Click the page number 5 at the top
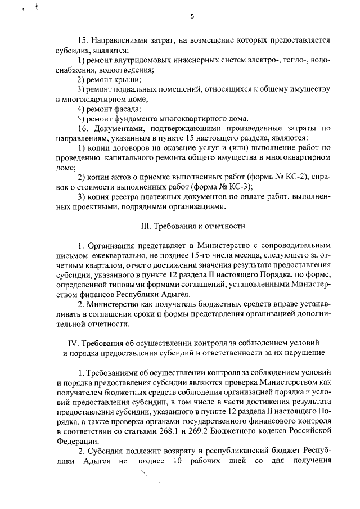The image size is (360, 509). [192, 16]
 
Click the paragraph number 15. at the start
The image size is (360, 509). [82, 40]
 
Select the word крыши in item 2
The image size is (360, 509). [128, 79]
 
